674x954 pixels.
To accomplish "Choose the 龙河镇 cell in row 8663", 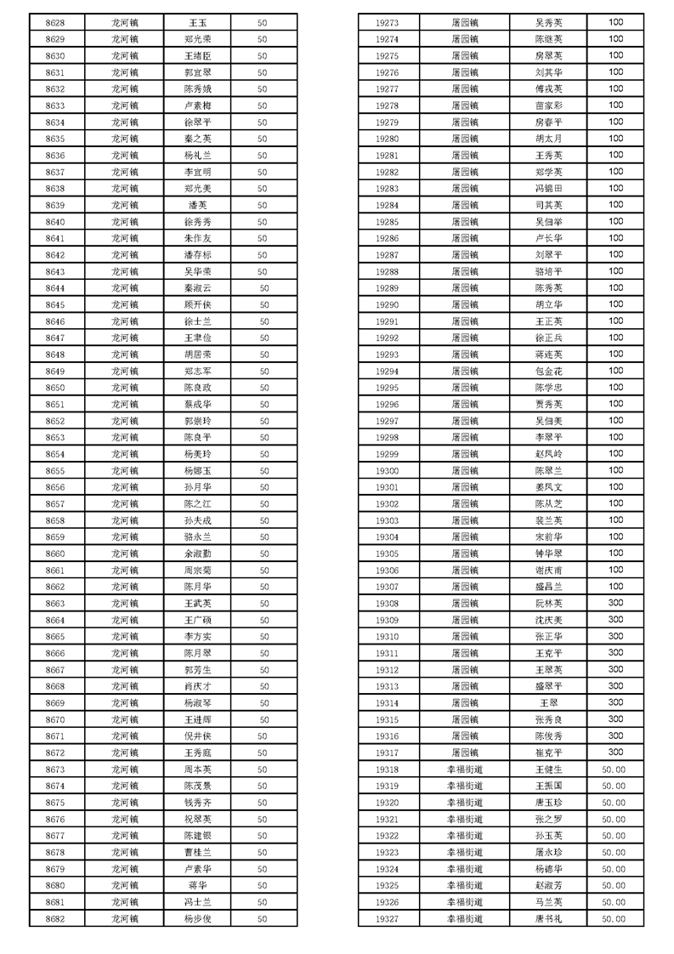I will point(125,603).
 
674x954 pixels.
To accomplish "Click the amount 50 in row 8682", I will point(263,918).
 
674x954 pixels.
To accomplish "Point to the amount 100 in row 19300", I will point(615,470).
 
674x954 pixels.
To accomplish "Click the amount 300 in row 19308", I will point(615,603).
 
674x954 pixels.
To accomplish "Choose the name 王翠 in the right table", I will point(548,702).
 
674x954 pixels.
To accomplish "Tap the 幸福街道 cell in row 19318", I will point(464,769).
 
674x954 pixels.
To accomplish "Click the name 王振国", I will point(548,786).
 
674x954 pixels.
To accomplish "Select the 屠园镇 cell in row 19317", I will point(464,752).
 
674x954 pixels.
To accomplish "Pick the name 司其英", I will point(548,205).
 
